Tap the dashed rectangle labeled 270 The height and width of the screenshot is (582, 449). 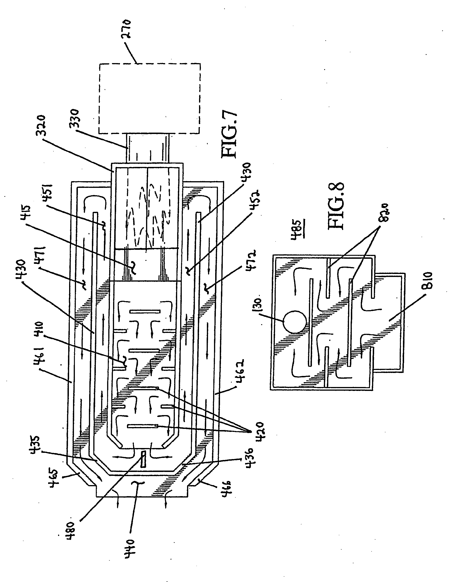tap(149, 99)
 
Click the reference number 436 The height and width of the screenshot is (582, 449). tap(250, 464)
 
